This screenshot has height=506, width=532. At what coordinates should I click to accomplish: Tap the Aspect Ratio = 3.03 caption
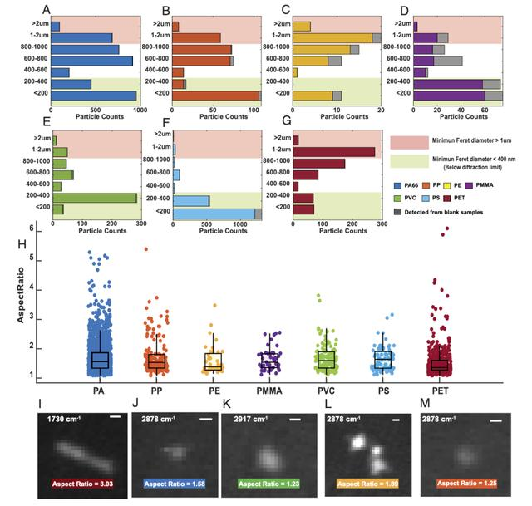81,483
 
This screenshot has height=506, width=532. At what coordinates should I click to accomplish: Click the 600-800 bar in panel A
91,61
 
